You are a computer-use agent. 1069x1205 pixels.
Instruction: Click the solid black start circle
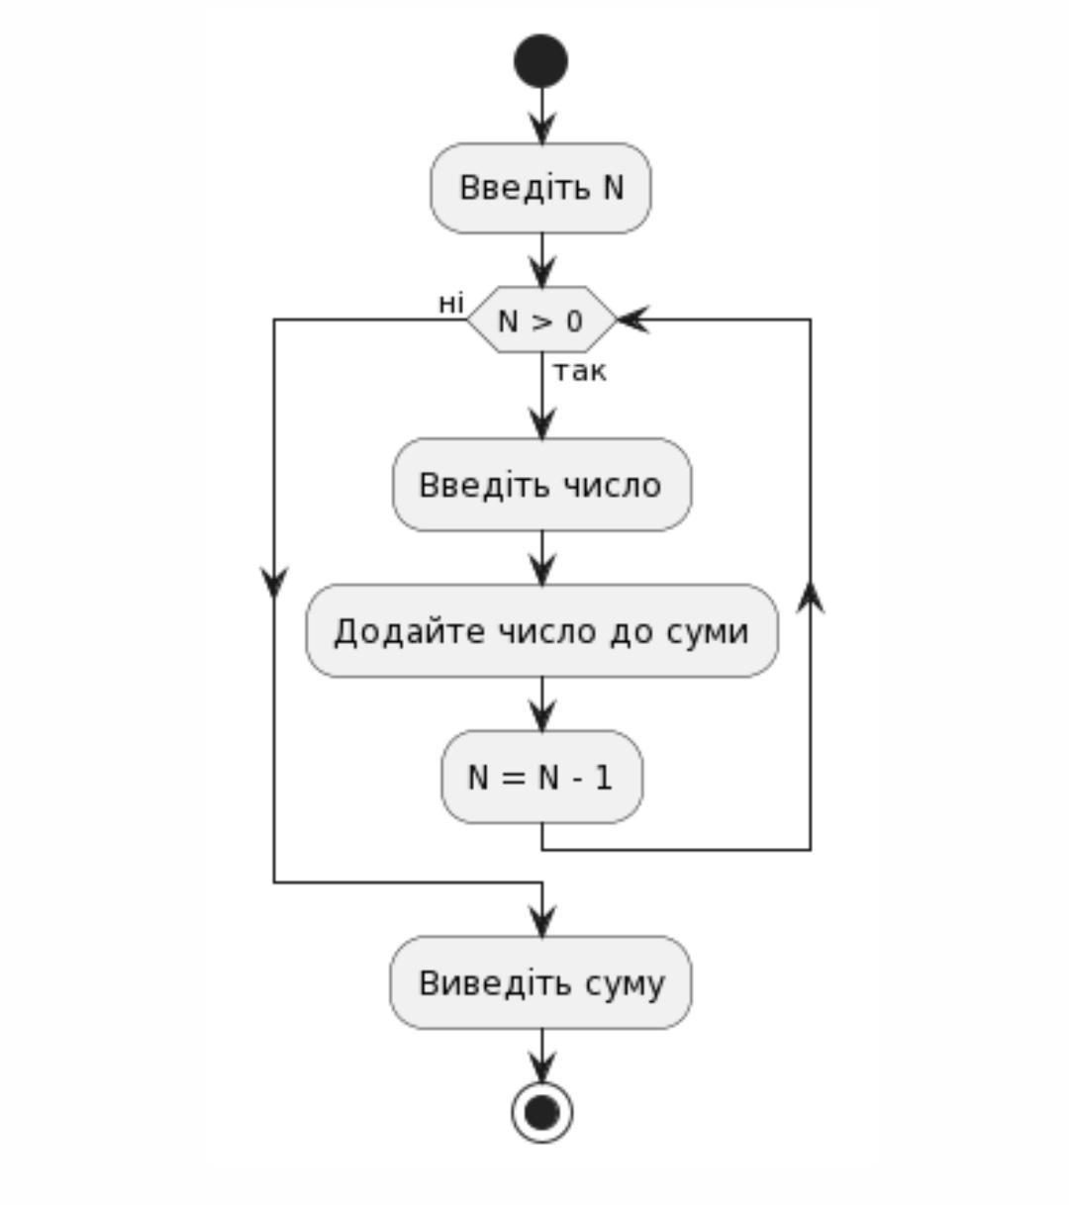click(540, 61)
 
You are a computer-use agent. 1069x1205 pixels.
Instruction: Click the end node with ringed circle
click(541, 1112)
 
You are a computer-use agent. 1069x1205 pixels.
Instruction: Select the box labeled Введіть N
click(540, 188)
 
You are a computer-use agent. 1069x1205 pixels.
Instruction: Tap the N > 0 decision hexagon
click(540, 320)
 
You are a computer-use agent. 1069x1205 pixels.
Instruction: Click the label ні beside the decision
click(451, 303)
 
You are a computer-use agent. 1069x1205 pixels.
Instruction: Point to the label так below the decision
click(579, 372)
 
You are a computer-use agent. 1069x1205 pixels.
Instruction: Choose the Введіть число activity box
click(541, 485)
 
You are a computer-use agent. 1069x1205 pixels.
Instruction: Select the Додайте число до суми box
click(541, 631)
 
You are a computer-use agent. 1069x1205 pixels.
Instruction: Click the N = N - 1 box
click(541, 778)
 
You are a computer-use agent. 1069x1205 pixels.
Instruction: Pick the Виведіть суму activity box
click(540, 983)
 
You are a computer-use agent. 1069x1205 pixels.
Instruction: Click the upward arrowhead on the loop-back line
click(811, 596)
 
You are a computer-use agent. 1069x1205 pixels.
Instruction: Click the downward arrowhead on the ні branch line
click(274, 583)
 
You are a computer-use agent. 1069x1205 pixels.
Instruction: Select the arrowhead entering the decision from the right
click(632, 320)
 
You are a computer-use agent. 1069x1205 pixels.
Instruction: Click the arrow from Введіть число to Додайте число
click(541, 560)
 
